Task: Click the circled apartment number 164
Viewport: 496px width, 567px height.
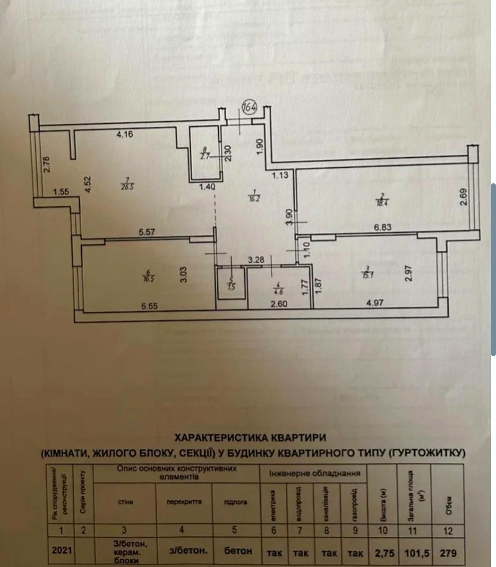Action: [x=249, y=107]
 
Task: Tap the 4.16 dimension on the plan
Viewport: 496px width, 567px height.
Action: [x=125, y=134]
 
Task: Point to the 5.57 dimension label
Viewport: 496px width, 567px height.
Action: [x=147, y=232]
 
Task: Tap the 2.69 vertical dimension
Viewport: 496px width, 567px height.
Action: [x=464, y=197]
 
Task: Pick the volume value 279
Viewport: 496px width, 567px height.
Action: [x=448, y=552]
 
